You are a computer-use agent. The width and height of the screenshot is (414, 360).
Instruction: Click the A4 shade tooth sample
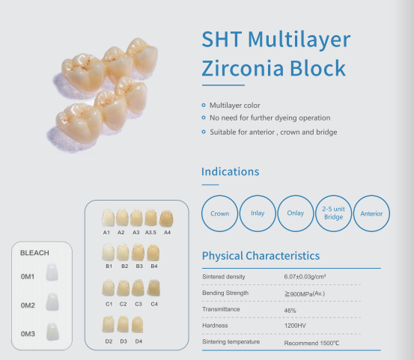point(166,219)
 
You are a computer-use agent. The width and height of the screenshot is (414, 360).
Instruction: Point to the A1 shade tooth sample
point(109,218)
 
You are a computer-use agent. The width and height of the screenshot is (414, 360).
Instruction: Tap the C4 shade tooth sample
point(154,288)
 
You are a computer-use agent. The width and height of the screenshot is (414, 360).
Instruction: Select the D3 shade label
point(124,341)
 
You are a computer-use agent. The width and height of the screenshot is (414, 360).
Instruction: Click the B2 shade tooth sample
point(123,252)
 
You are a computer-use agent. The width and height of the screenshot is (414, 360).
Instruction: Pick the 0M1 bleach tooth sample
point(52,272)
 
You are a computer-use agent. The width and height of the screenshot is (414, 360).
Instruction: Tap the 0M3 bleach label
point(28,334)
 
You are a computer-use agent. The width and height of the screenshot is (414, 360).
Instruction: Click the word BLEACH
point(34,253)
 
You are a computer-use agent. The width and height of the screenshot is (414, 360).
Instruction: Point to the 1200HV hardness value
point(295,326)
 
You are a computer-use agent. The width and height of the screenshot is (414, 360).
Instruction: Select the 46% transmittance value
point(290,311)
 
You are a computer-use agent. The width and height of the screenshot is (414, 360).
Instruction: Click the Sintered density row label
point(224,277)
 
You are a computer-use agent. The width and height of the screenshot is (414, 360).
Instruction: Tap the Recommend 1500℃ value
point(311,343)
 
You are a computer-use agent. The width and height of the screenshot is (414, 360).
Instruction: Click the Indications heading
point(231,171)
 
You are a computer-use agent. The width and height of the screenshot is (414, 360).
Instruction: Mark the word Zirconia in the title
point(243,68)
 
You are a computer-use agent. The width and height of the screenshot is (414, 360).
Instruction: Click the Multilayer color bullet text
point(235,106)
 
